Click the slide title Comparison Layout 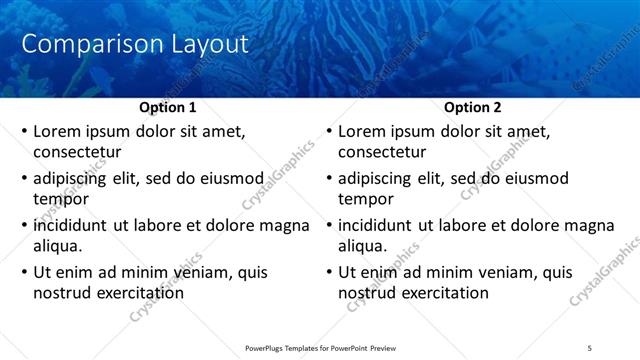135,44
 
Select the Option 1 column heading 166,107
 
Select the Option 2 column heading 471,107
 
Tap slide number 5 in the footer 590,348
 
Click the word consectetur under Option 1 77,152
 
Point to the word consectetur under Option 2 382,152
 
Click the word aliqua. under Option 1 58,246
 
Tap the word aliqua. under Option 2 363,246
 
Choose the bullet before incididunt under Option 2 329,226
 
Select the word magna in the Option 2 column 565,226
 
